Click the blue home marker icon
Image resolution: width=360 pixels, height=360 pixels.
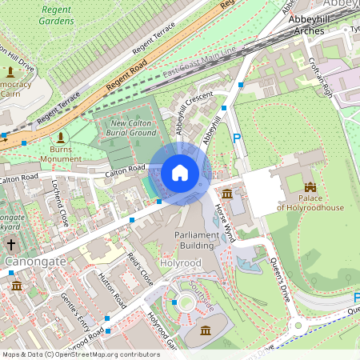[180, 172]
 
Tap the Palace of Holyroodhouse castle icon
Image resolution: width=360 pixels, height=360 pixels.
[310, 187]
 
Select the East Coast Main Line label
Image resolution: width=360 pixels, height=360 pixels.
[199, 62]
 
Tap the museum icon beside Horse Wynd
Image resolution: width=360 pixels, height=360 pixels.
[227, 194]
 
